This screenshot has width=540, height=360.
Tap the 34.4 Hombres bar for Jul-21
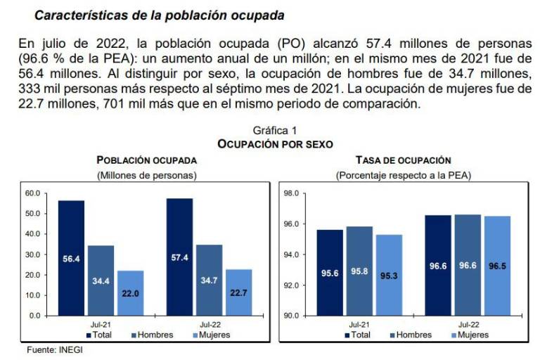[101, 280]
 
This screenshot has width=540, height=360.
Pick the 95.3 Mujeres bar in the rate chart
[389, 275]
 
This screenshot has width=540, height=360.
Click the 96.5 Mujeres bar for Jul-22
[497, 266]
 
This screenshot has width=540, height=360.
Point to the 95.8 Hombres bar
[359, 271]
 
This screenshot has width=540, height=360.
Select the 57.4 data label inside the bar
[179, 258]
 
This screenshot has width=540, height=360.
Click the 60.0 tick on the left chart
[32, 193]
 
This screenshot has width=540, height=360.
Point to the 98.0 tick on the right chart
[291, 193]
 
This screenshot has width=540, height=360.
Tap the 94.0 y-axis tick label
[291, 255]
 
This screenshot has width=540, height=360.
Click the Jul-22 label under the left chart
[209, 325]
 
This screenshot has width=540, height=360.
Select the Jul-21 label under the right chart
[359, 325]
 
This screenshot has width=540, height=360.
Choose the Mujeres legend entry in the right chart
[469, 335]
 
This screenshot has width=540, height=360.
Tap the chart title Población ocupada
[146, 160]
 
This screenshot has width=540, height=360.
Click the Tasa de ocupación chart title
[403, 160]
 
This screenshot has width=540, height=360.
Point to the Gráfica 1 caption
[275, 131]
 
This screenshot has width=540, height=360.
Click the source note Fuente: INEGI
[54, 350]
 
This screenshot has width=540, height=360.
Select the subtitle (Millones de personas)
[146, 174]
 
